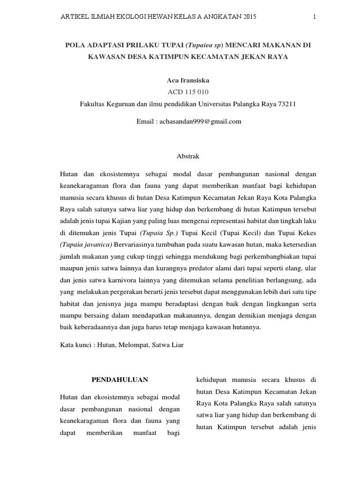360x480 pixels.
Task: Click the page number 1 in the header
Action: pyautogui.click(x=315, y=17)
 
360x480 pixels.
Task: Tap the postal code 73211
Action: pyautogui.click(x=286, y=104)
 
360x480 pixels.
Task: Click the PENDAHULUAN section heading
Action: pyautogui.click(x=119, y=379)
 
